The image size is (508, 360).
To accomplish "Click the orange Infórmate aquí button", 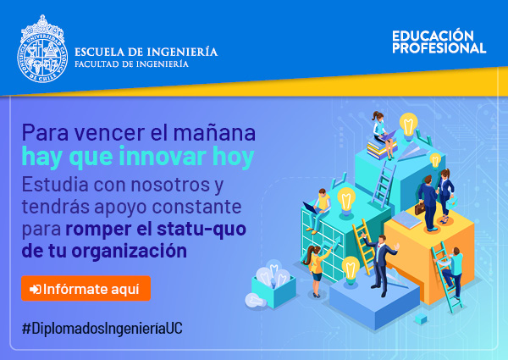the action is tap(86, 288).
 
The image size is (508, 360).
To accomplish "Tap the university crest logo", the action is tap(42, 48).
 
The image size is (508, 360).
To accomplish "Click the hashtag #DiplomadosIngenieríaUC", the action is tap(102, 329).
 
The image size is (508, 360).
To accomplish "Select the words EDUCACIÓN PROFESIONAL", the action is tap(439, 42).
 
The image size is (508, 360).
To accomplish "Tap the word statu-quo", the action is tap(202, 229).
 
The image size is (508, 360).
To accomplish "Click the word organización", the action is tap(129, 251).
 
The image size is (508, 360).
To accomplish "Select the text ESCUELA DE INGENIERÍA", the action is tap(146, 53).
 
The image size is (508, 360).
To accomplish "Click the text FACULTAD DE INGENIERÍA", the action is tap(131, 64).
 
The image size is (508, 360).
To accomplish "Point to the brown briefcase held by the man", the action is tap(420, 208).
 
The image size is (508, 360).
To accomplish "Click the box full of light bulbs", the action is tap(273, 285).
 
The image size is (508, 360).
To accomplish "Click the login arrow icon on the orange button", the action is tap(36, 289).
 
